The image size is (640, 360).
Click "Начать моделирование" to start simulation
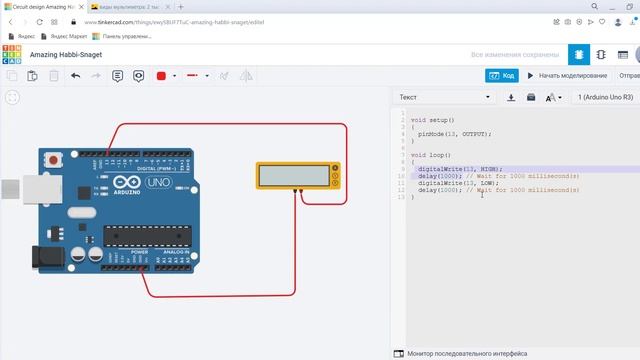pos(567,75)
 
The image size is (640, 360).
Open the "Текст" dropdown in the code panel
pos(445,98)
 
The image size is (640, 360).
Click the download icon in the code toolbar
pos(511,98)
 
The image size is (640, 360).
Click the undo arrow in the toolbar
pos(75,75)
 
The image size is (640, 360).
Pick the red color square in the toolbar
pos(160,75)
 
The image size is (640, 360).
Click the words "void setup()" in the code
pos(432,120)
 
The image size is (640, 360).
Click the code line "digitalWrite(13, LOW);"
pos(458,183)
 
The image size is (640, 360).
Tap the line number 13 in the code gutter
pos(401,197)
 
